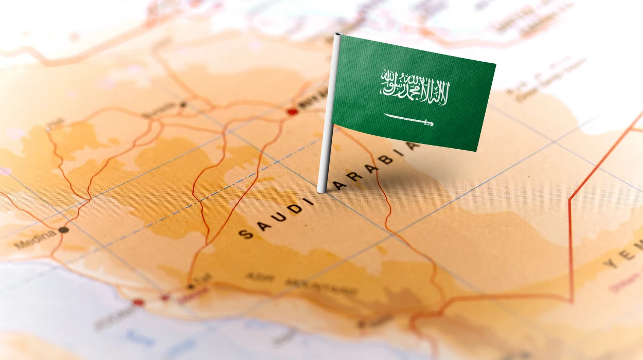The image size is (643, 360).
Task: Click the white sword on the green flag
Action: click(409, 120)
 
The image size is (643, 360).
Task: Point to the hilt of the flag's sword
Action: click(427, 123)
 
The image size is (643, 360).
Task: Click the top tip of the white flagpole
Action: click(338, 35)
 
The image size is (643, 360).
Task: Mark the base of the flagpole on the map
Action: click(322, 191)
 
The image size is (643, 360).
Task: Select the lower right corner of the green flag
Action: click(477, 151)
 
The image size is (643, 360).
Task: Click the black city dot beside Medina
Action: click(64, 230)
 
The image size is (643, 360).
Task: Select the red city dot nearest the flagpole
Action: click(292, 112)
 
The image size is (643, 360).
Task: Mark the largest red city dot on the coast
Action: click(138, 302)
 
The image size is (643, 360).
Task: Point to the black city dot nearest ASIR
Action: click(191, 286)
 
